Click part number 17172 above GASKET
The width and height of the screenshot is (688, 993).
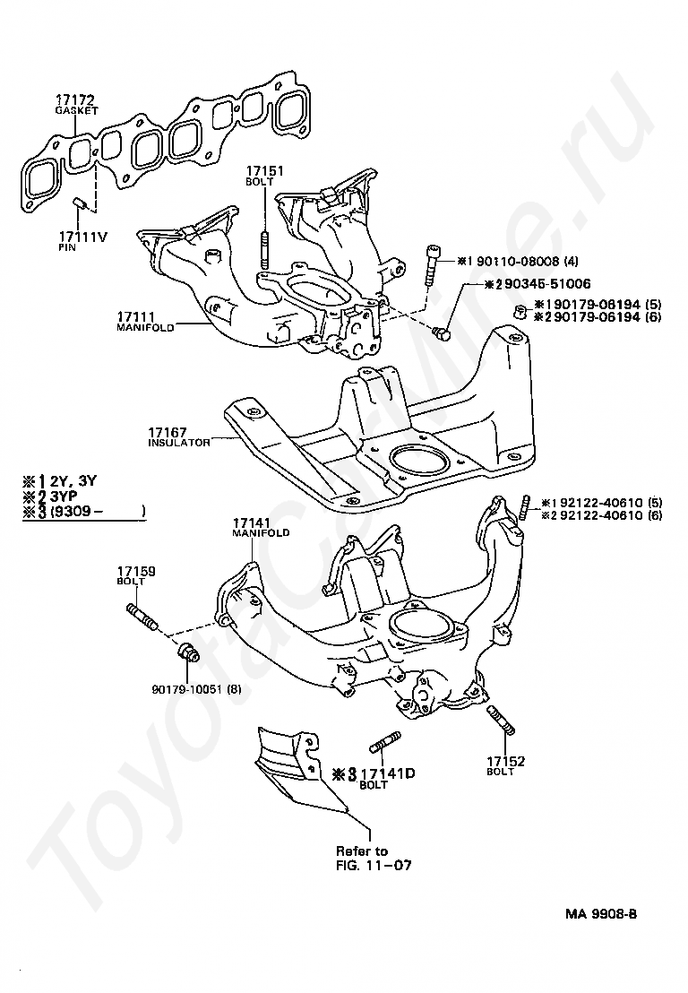click(74, 99)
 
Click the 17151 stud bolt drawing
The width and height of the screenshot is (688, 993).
click(265, 250)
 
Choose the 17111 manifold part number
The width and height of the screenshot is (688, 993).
click(136, 317)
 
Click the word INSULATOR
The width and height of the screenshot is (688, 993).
click(178, 443)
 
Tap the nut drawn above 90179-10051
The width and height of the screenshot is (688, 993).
click(187, 651)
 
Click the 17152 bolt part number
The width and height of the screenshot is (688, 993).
click(506, 762)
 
